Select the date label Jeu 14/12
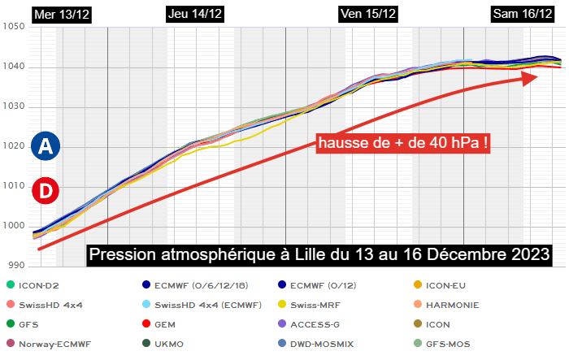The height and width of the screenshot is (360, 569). (x=195, y=14)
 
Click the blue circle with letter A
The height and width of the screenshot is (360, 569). (x=46, y=146)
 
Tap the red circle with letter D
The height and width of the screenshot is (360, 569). (x=46, y=191)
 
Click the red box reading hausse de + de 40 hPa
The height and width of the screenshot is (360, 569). (x=404, y=144)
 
